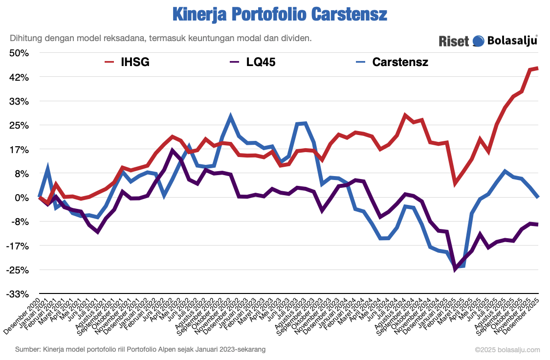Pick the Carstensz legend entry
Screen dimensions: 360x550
tap(399, 62)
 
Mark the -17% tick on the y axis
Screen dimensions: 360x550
tap(19, 246)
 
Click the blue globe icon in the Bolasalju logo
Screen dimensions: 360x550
tap(479, 41)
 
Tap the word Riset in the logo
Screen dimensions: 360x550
tap(454, 41)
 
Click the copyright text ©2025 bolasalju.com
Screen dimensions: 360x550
tap(507, 350)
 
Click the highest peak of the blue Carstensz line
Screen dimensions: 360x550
tap(231, 116)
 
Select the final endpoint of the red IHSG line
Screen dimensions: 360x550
tap(538, 68)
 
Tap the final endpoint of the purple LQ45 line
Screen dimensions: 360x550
tap(538, 225)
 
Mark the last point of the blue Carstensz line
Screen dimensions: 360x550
tap(538, 197)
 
